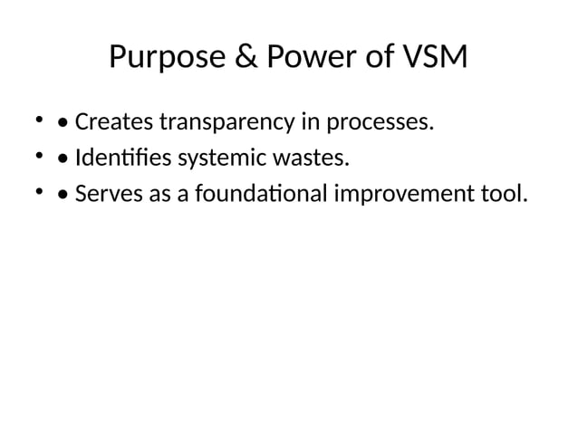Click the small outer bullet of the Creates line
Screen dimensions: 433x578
(39, 120)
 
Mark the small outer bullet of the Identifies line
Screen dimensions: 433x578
(39, 157)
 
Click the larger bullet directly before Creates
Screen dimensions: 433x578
(62, 122)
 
